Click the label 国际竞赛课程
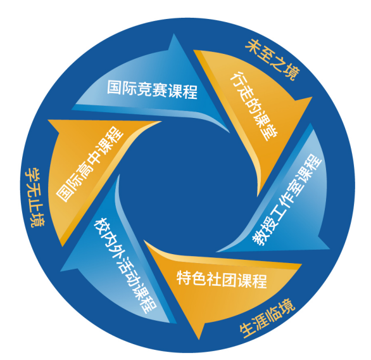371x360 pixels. click(152, 89)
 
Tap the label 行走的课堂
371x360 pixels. click(254, 106)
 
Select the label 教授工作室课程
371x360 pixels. click(287, 200)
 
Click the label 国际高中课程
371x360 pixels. click(90, 164)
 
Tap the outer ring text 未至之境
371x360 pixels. click(273, 60)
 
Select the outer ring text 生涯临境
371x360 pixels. click(267, 318)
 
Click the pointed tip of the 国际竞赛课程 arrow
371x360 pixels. click(174, 34)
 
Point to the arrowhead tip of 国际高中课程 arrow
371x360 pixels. click(48, 120)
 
